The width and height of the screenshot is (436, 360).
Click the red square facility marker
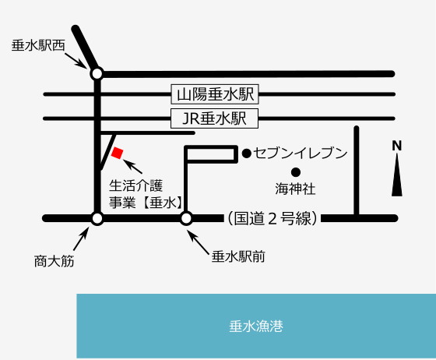click(117, 153)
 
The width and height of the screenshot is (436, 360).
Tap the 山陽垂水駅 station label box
click(215, 94)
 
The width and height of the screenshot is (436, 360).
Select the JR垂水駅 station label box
click(214, 118)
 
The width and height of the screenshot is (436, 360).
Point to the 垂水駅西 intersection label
click(38, 45)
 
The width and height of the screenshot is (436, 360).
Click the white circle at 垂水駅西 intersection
click(97, 74)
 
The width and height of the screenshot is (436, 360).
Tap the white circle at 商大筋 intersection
click(97, 218)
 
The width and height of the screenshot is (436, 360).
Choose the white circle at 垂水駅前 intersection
click(186, 218)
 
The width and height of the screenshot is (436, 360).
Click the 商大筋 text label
click(54, 261)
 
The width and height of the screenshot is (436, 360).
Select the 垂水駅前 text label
click(238, 256)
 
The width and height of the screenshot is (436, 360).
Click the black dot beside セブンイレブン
click(247, 154)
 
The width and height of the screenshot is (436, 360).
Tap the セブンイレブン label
click(301, 153)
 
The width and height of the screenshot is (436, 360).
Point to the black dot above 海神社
click(296, 172)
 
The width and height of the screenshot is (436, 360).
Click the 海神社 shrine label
click(295, 189)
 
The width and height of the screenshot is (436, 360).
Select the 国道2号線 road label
click(272, 218)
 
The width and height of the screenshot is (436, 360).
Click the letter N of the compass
click(397, 146)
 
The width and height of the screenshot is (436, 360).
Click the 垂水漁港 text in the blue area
click(256, 326)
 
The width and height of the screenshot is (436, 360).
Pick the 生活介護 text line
click(136, 185)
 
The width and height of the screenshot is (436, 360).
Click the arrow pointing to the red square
click(132, 167)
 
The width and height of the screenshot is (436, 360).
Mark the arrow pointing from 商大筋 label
click(81, 238)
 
